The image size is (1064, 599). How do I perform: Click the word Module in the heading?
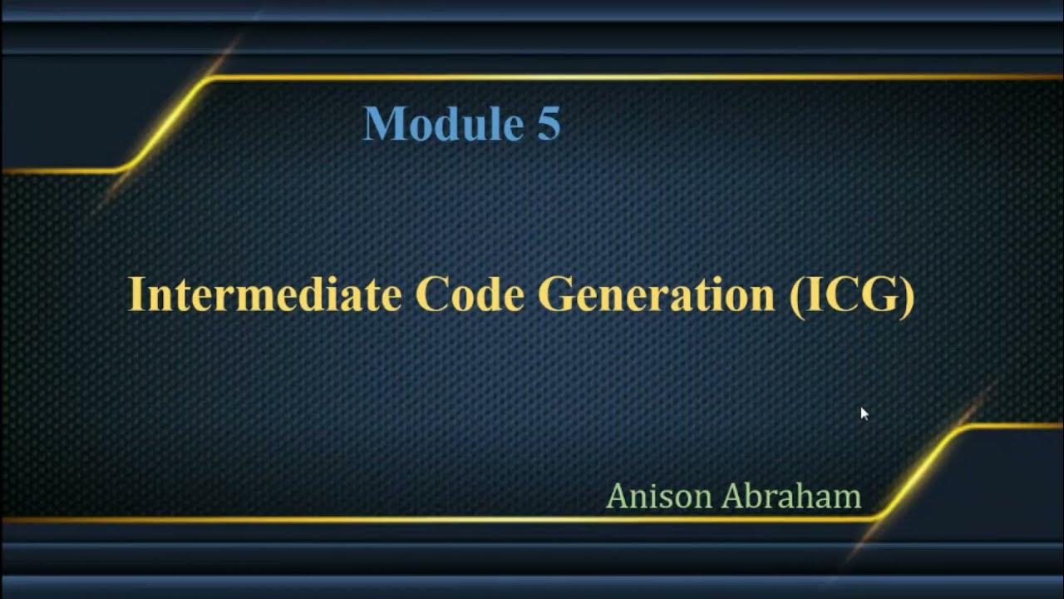[438, 124]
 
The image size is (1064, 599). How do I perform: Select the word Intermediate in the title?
[264, 294]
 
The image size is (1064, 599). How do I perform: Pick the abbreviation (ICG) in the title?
[851, 295]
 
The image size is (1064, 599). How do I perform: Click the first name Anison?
[659, 497]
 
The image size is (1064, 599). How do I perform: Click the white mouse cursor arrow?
[864, 413]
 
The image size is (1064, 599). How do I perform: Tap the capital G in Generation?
[554, 294]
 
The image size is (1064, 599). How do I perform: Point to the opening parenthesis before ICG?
[795, 295]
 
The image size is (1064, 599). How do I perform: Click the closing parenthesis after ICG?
[908, 295]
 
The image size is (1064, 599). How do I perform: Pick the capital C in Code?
[431, 294]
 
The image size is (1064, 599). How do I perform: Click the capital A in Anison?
[617, 497]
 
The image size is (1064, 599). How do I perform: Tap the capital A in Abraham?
[732, 497]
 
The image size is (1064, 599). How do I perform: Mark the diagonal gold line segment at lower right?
[919, 472]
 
